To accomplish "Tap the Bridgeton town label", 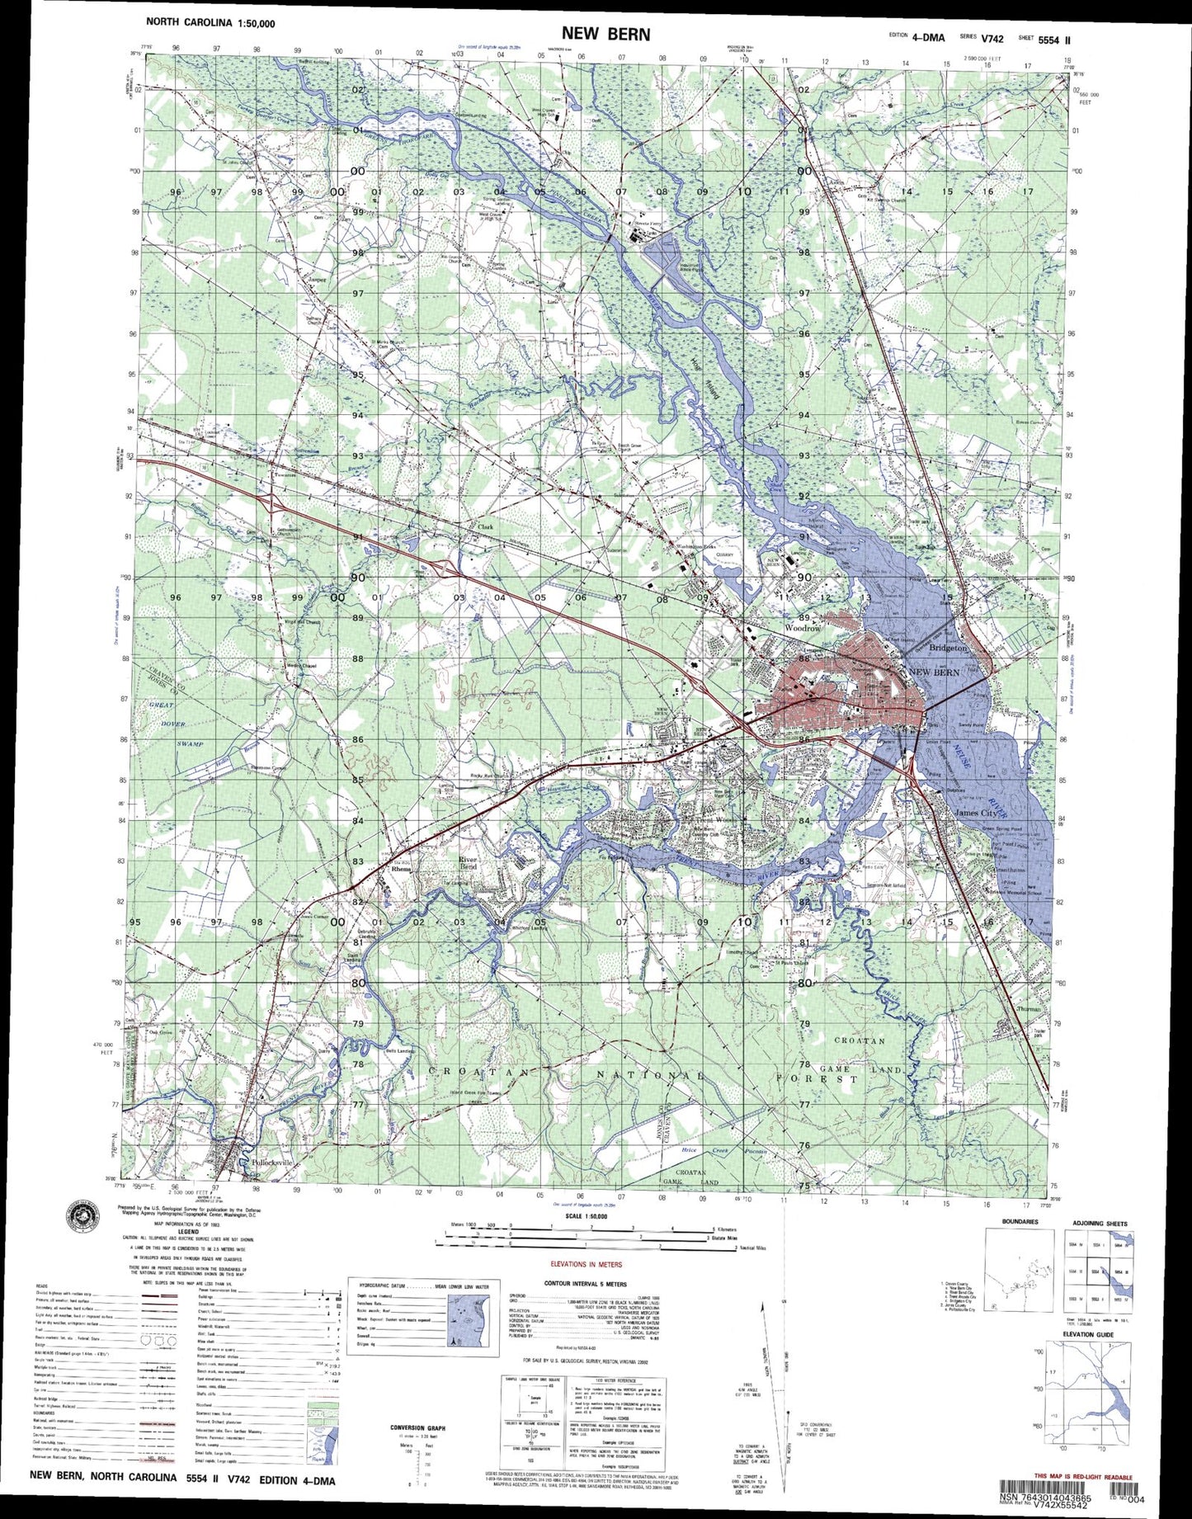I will (x=948, y=649).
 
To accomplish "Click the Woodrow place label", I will (x=802, y=628).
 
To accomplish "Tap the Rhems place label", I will (x=400, y=869).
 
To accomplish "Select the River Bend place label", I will (x=468, y=863).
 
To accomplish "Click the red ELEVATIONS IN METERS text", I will (x=586, y=1263).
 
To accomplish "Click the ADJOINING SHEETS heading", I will (x=1100, y=1224).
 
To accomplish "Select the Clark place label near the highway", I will (x=484, y=526).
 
